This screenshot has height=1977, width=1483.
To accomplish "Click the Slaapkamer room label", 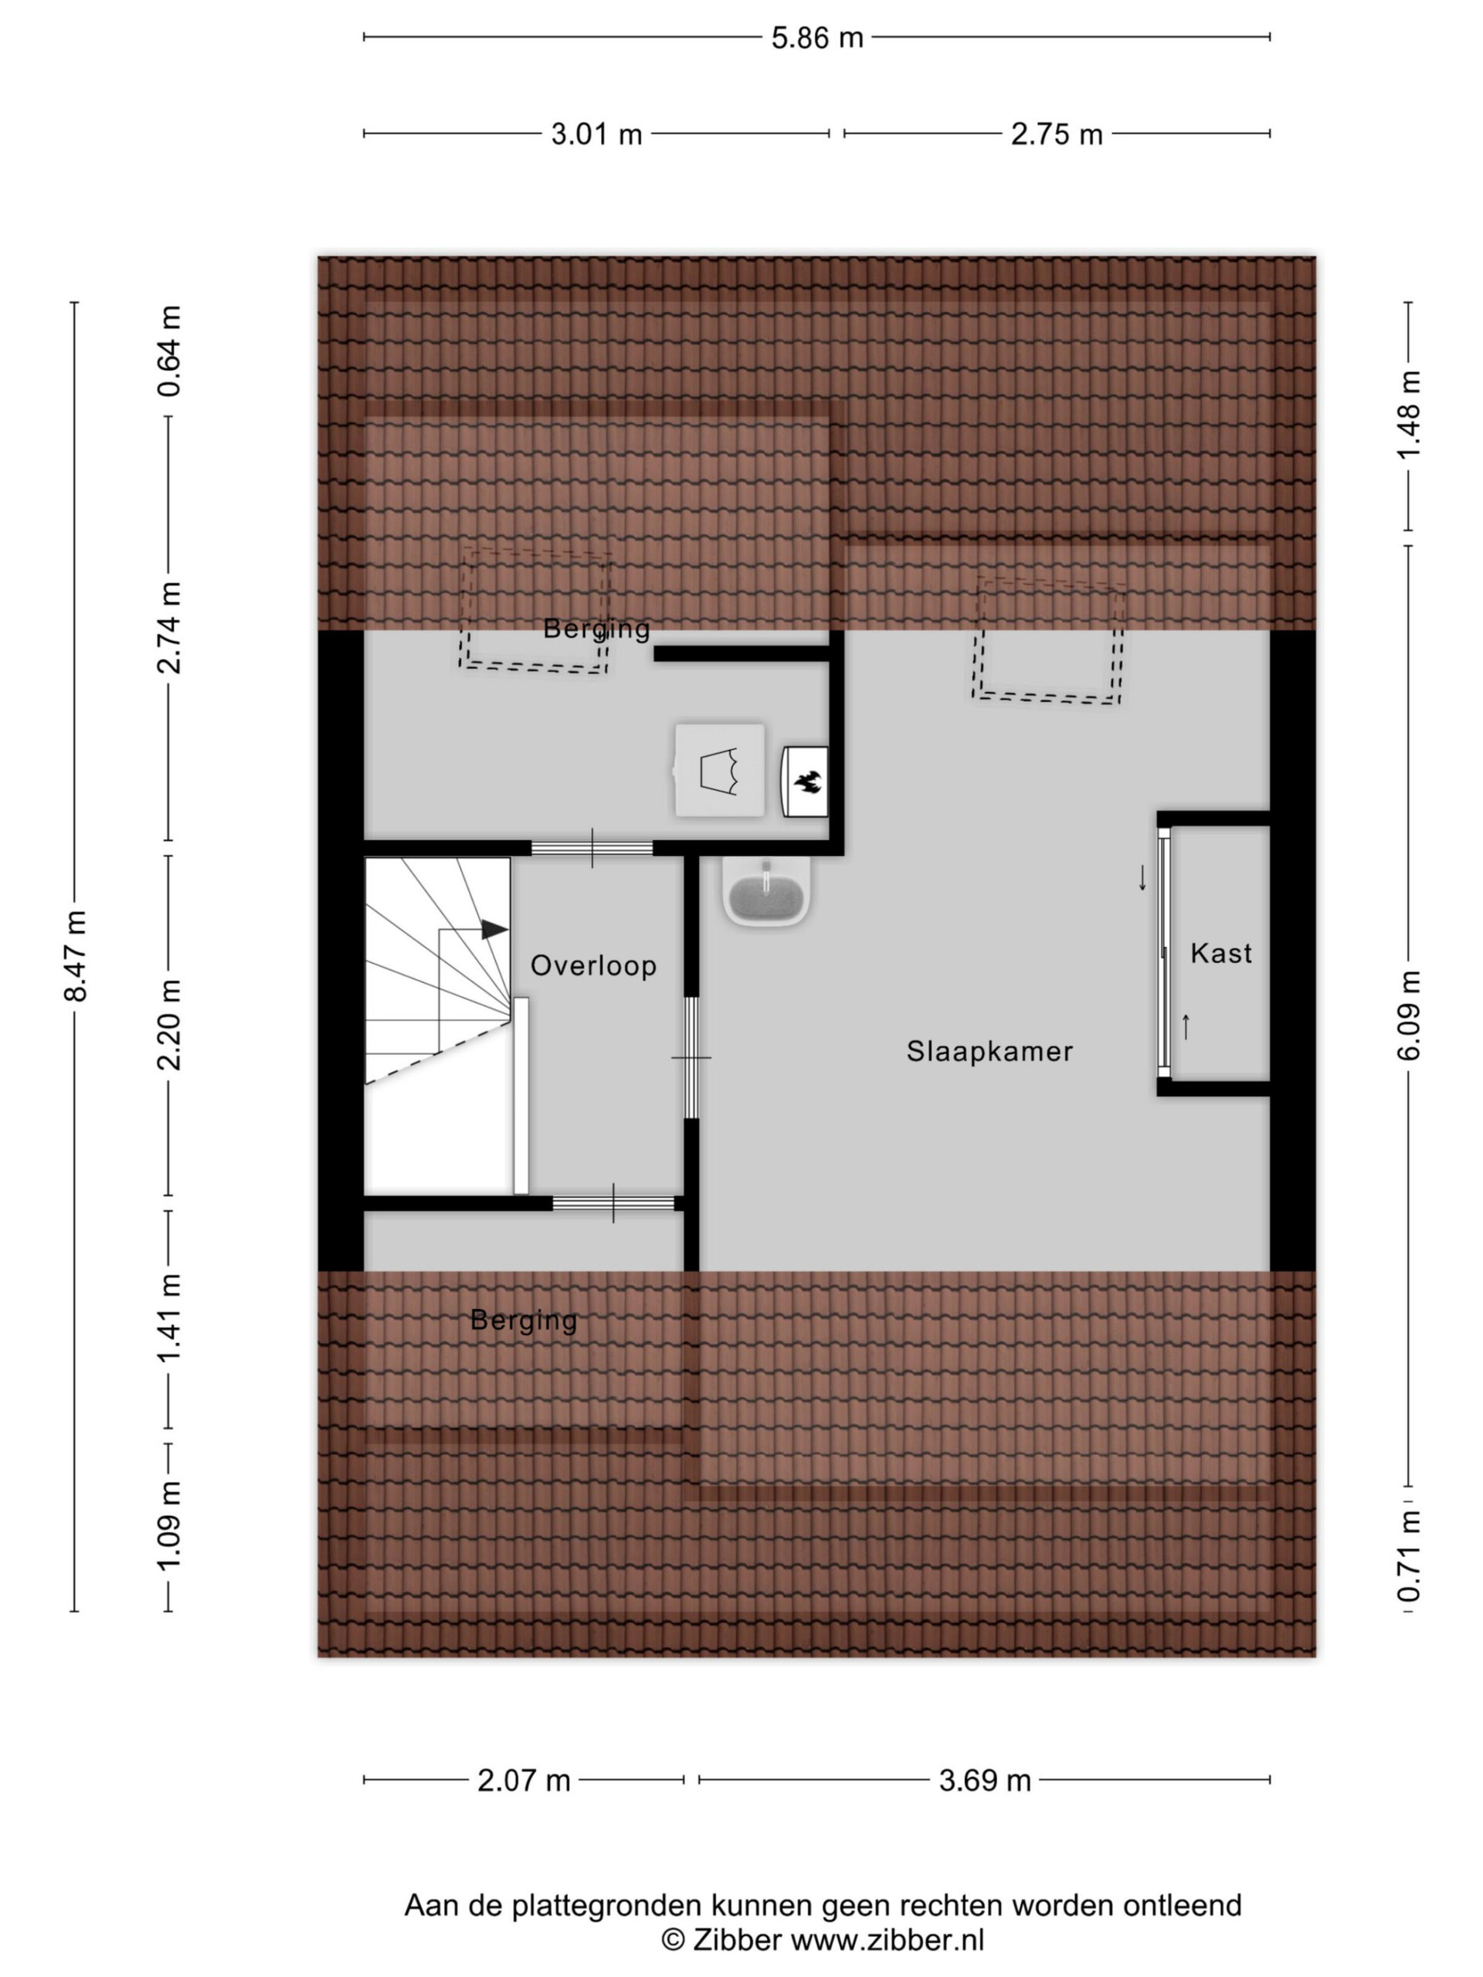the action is coord(989,1051).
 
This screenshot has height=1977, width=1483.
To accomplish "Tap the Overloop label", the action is coord(593,965).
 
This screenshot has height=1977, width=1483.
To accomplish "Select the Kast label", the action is coord(1221,953).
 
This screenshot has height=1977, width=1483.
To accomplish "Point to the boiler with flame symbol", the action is coord(806,782).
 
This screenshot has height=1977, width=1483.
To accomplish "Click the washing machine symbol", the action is coord(720,769).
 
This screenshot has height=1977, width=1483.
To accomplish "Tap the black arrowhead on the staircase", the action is coord(494,930).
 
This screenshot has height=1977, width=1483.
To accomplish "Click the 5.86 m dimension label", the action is coord(817,38).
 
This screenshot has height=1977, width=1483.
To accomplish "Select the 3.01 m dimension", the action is coord(596,134).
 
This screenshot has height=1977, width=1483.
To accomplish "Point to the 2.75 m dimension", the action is coord(1057,134).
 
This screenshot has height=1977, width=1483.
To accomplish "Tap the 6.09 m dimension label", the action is coord(1409,1016).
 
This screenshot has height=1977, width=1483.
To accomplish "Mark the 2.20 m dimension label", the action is coord(169,1024).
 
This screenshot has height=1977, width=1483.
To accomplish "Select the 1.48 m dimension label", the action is coord(1409,415).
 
